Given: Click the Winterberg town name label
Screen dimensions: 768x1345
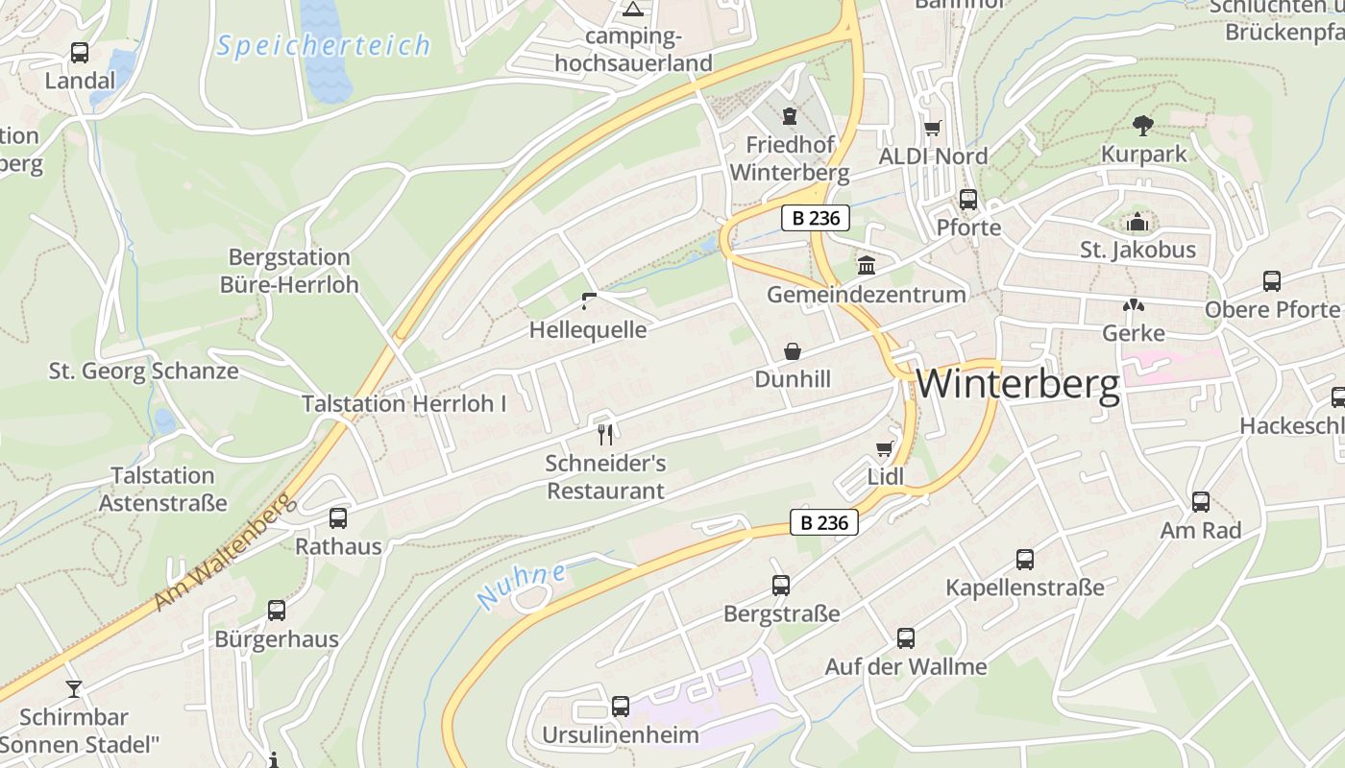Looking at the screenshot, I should click(1017, 384).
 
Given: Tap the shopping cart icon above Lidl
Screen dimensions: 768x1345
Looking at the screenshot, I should click(885, 448).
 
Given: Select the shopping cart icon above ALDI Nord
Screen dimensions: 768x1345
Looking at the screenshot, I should click(932, 128).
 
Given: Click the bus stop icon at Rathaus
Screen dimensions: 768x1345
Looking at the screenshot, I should click(338, 518).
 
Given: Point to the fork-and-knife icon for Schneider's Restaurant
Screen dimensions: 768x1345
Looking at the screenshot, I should click(605, 435).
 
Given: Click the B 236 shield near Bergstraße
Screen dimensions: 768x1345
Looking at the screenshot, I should click(823, 522).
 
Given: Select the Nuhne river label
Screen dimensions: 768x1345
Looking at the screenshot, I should click(521, 586).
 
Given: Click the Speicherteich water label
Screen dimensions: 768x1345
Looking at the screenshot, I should click(323, 45).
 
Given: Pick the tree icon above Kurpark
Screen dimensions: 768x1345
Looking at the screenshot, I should click(1142, 125).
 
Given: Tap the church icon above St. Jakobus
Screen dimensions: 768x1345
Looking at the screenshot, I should click(1137, 223).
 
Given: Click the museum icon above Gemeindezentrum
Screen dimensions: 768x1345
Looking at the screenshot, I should click(866, 265).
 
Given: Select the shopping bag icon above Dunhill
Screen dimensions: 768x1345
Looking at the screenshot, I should click(793, 351).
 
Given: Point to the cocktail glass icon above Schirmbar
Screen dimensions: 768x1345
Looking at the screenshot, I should click(73, 688).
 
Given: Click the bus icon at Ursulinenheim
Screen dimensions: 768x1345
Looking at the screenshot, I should click(621, 707).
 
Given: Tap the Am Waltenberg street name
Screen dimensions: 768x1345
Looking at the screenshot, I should click(221, 552).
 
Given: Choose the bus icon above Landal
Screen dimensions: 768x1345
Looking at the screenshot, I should click(80, 53).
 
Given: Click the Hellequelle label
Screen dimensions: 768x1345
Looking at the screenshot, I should click(588, 330).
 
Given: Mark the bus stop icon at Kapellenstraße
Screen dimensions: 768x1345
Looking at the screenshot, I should click(1025, 560).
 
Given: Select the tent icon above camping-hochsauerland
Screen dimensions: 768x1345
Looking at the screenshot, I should click(632, 10).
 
